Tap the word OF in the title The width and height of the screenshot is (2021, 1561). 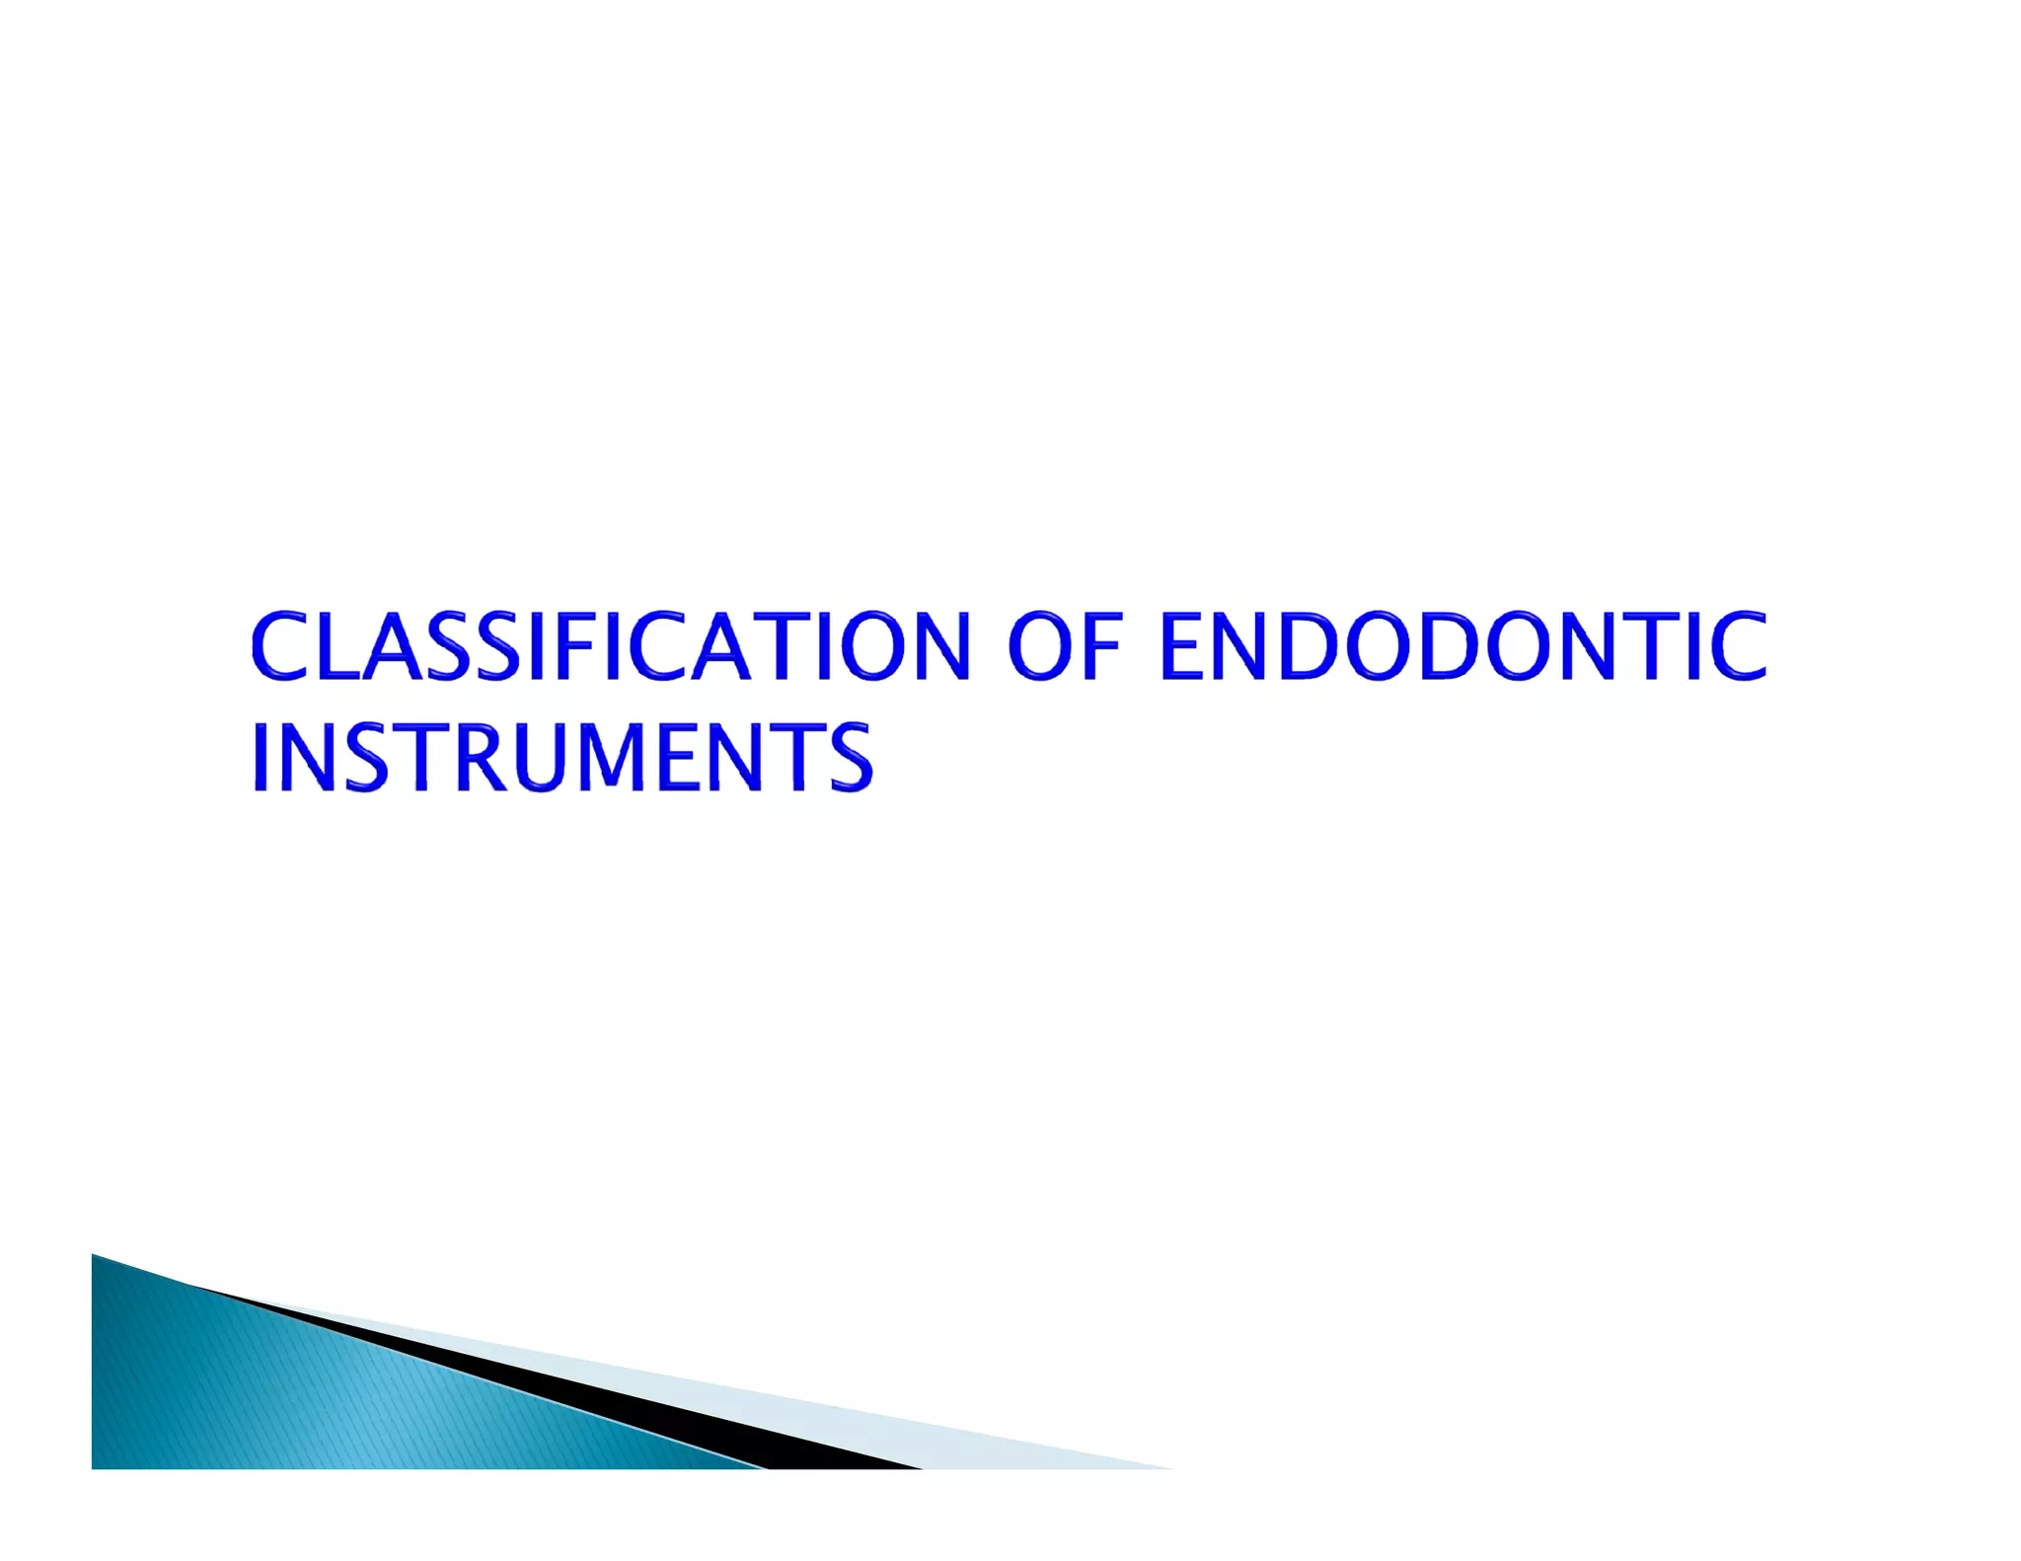click(x=1066, y=646)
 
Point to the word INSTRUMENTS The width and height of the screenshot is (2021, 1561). click(x=562, y=757)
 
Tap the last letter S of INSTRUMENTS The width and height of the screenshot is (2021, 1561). click(x=847, y=757)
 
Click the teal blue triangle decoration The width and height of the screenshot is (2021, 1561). click(x=296, y=1401)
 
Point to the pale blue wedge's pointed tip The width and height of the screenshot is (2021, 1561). click(x=1155, y=1465)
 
